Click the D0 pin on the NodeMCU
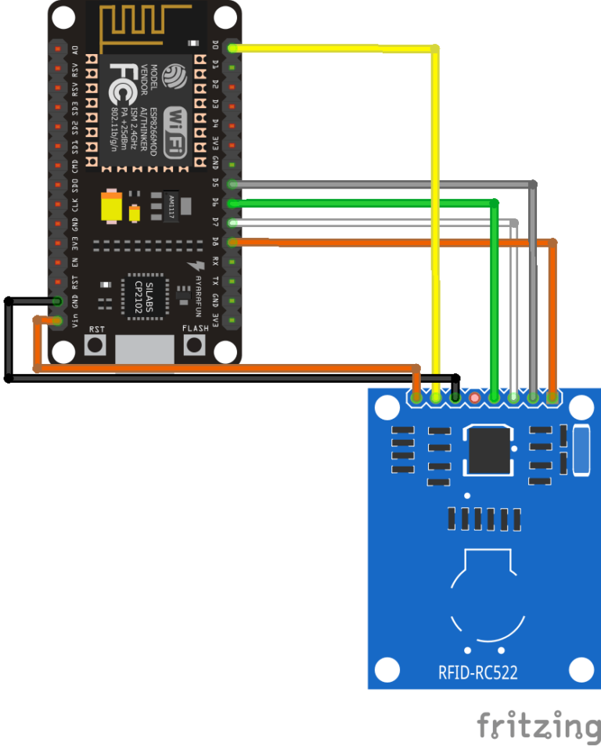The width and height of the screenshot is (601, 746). click(232, 49)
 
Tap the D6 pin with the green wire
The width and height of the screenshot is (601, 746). click(232, 204)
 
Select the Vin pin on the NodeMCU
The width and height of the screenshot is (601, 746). click(57, 320)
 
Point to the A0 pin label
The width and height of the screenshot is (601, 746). click(75, 50)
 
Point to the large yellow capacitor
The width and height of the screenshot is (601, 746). click(111, 206)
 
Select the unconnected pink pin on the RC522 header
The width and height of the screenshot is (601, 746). click(473, 398)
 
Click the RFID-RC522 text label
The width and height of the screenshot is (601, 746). click(477, 672)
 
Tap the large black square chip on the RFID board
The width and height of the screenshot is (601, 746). click(490, 449)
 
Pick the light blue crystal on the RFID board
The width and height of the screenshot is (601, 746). click(580, 450)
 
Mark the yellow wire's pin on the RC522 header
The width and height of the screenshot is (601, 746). click(435, 398)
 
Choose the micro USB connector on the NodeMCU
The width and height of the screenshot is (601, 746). click(145, 351)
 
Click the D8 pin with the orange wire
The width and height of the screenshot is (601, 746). click(232, 242)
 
